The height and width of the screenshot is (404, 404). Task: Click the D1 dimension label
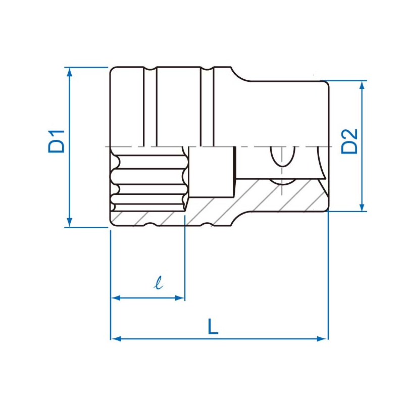point(56,142)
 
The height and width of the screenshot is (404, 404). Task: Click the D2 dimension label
point(349,141)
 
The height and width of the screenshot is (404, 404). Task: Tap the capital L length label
point(213,326)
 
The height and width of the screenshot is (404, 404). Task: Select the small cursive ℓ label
point(159,282)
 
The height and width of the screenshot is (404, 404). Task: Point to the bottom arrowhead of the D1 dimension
point(69,222)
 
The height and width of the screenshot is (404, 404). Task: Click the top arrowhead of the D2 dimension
point(362,85)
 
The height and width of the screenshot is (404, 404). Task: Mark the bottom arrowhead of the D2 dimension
point(362,207)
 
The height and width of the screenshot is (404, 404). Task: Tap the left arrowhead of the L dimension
point(116,339)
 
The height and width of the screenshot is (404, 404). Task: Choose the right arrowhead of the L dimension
point(322,339)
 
